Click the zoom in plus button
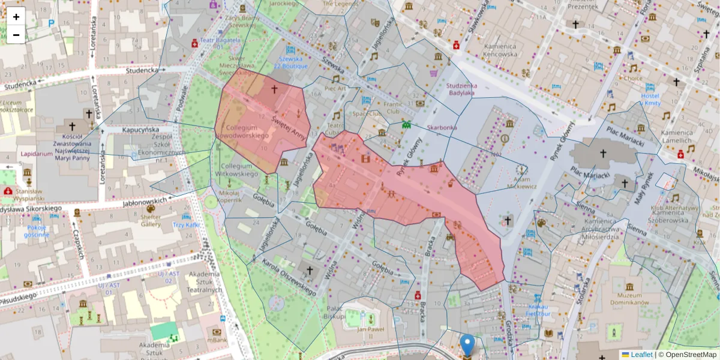click(x=16, y=17)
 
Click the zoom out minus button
click(x=16, y=35)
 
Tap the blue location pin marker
click(x=467, y=346)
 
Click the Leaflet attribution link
click(x=641, y=355)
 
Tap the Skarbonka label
click(x=442, y=128)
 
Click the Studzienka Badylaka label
click(x=461, y=89)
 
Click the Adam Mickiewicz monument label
click(x=520, y=182)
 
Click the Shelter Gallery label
click(x=151, y=220)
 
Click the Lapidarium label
click(x=37, y=154)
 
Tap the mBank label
click(x=217, y=341)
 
